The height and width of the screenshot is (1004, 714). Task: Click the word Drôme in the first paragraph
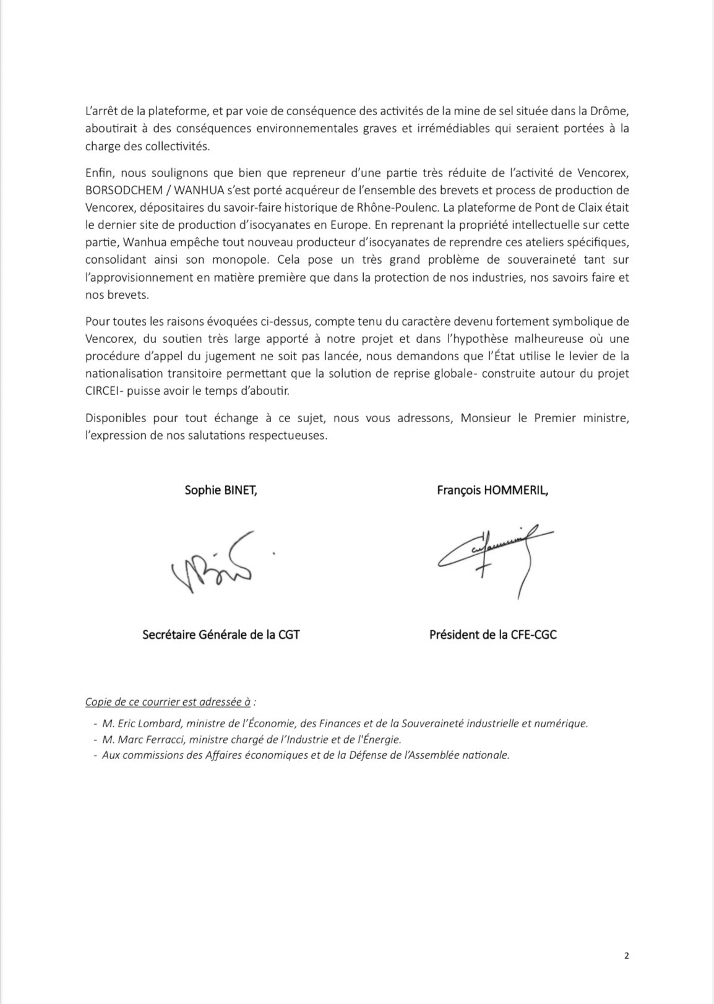612,111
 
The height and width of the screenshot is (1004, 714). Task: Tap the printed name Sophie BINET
220,490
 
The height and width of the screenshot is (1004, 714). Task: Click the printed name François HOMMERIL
492,490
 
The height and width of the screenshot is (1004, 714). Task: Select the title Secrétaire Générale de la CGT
221,634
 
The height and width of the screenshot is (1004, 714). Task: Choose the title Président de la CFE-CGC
492,634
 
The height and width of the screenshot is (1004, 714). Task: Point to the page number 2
626,955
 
